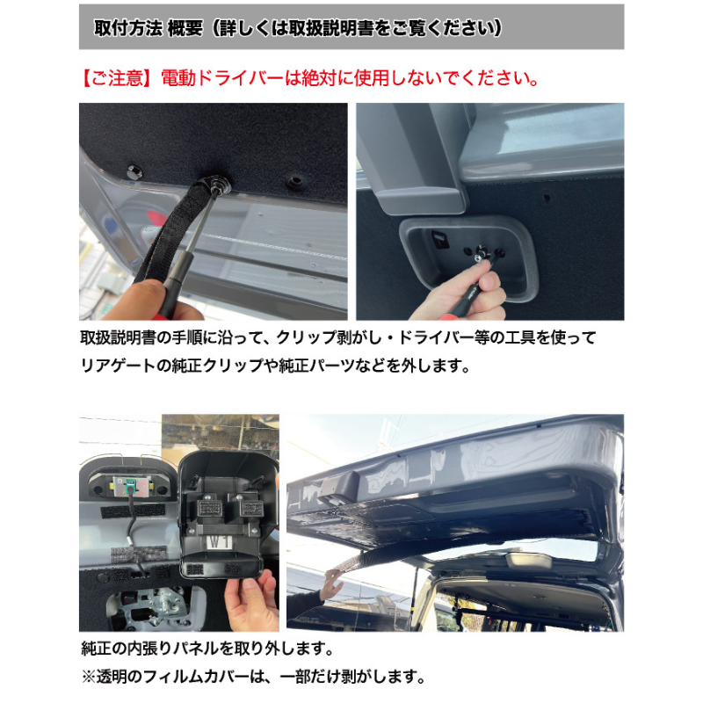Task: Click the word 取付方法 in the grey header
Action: tap(127, 28)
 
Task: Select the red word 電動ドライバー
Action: tap(221, 78)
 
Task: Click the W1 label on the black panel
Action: tap(221, 542)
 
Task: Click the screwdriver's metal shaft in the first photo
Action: tap(202, 222)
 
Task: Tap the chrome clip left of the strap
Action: tap(134, 170)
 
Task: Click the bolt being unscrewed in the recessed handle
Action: tap(480, 254)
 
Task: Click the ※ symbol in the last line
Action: tap(89, 677)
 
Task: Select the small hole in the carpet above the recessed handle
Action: tap(547, 197)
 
